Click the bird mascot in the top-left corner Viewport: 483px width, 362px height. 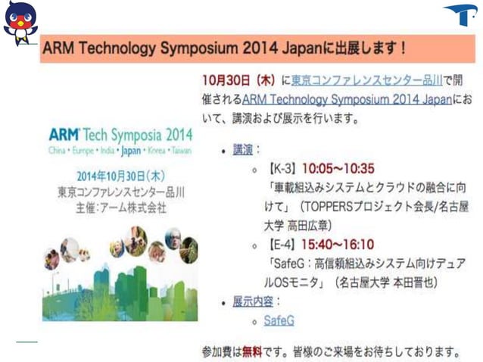click(20, 23)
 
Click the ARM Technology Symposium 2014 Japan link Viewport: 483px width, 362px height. click(347, 99)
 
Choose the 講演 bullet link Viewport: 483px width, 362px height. click(242, 150)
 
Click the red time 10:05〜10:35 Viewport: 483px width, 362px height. click(338, 167)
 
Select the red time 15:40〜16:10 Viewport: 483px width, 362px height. click(338, 245)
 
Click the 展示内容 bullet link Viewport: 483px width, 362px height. click(253, 301)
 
